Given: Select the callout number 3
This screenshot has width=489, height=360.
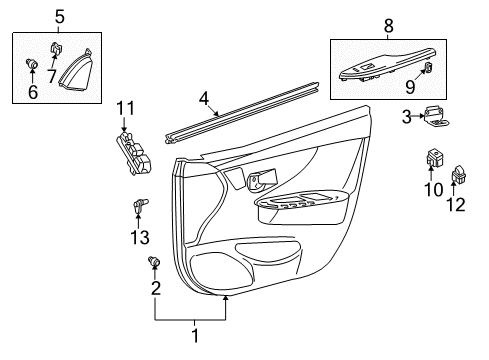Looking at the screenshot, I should coord(407,118).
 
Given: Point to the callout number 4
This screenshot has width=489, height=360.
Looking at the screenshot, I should coord(204,98).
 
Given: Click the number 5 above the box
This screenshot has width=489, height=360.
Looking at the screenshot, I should coord(60,17).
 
